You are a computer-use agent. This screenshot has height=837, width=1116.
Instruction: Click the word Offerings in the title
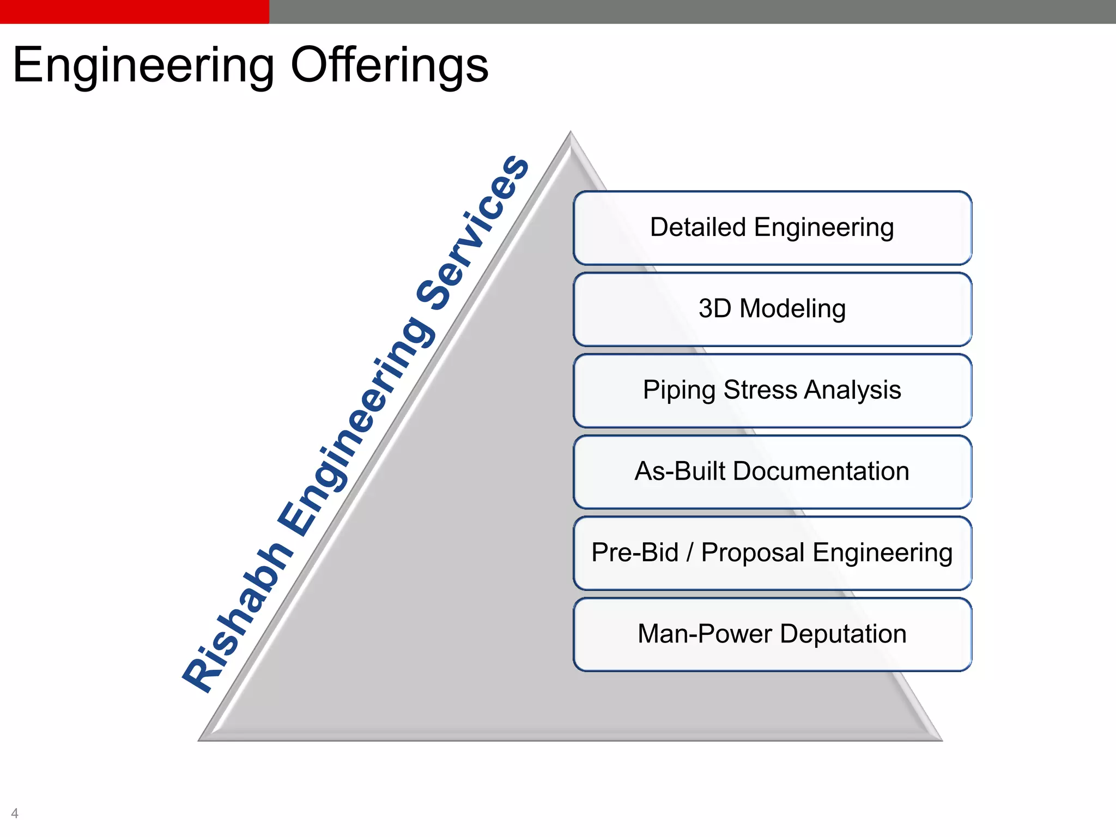tap(389, 65)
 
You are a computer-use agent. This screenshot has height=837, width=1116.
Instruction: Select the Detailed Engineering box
tap(772, 228)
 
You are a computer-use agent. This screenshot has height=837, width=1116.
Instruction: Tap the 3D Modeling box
tap(772, 309)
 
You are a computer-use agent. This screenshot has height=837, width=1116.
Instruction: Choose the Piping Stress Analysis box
tap(772, 390)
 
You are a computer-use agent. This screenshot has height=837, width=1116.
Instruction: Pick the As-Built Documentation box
tap(772, 471)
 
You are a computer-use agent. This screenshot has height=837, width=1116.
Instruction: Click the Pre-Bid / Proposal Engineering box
tap(772, 553)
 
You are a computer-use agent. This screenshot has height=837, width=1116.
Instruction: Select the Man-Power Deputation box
tap(772, 634)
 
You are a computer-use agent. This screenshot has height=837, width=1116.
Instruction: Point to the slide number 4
tap(15, 813)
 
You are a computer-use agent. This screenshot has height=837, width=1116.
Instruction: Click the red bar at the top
tap(134, 11)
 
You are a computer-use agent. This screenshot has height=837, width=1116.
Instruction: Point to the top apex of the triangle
tap(571, 134)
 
